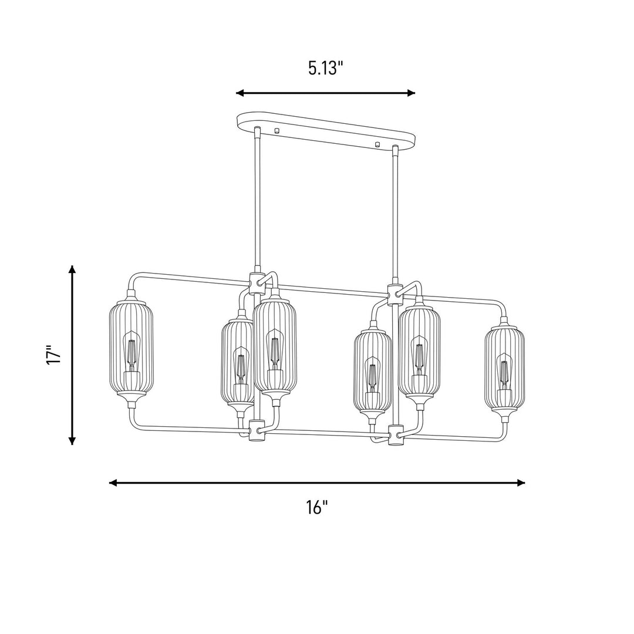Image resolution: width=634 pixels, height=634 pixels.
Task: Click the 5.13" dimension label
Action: pos(325,69)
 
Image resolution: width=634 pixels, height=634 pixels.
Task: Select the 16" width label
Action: pos(316,507)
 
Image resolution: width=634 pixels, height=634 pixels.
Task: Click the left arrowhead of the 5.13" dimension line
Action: pos(240,93)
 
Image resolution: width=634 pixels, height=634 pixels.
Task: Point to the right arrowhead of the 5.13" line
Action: pos(411,93)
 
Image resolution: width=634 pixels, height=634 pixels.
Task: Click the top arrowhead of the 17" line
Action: pos(72,269)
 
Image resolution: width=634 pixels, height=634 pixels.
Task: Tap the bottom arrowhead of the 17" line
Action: pos(72,440)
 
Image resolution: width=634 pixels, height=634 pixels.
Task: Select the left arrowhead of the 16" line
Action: pos(114,483)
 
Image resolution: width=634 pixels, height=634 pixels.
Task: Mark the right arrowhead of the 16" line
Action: pos(521,483)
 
